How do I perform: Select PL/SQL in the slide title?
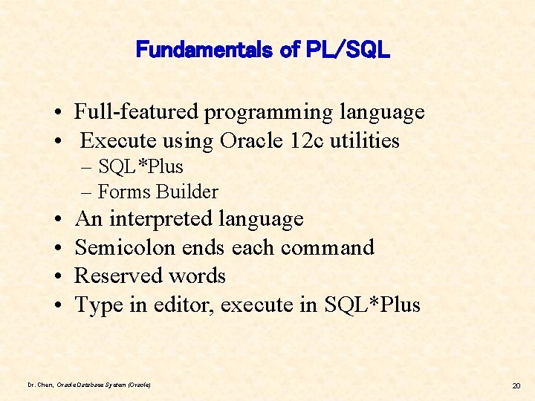point(346,50)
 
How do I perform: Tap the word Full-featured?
point(137,112)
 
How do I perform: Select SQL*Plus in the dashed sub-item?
point(140,166)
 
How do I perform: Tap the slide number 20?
point(516,385)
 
